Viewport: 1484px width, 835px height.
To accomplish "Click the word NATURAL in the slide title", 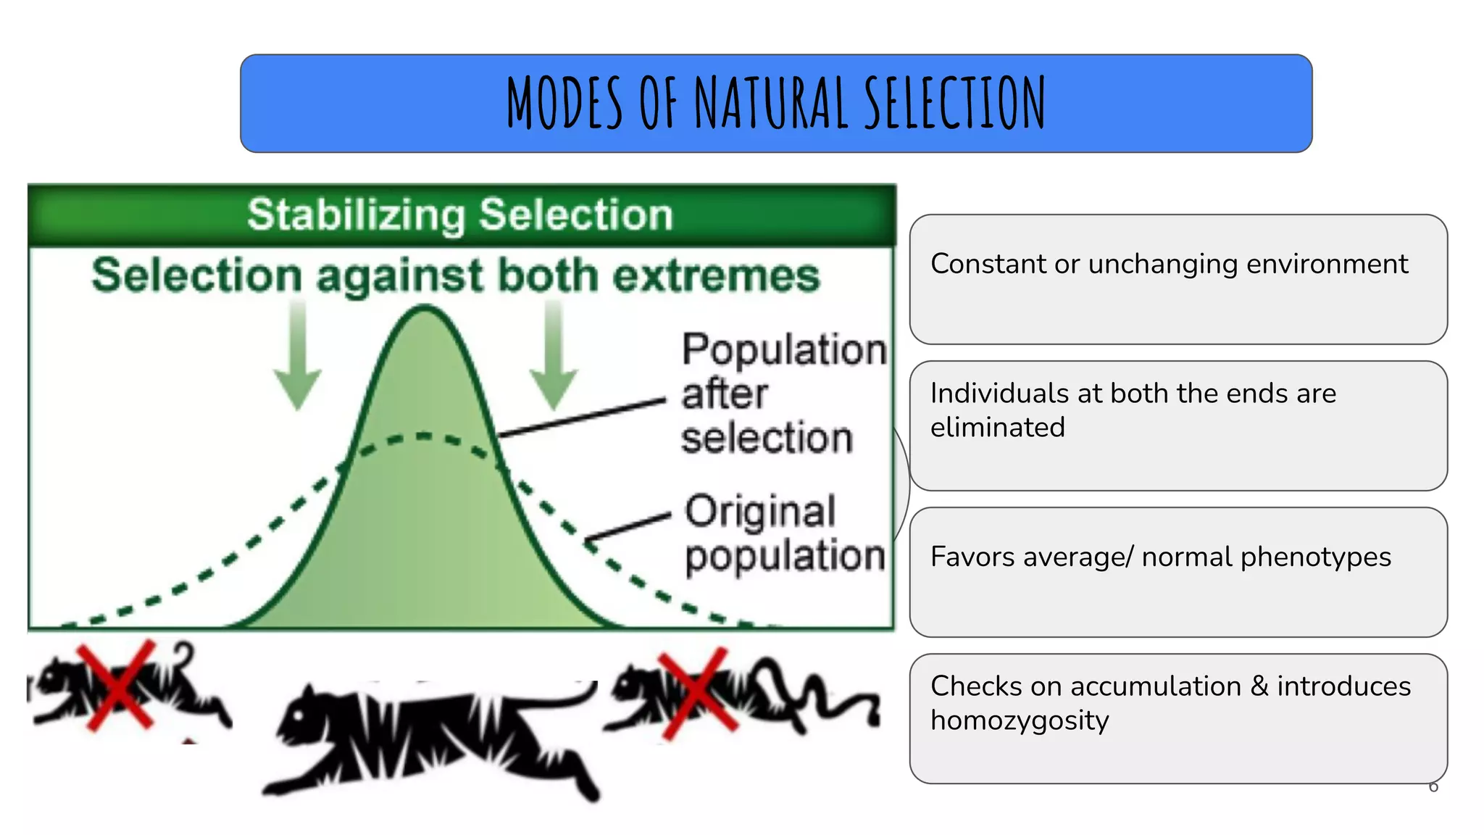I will click(x=771, y=103).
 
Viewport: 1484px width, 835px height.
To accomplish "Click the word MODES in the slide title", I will click(x=564, y=103).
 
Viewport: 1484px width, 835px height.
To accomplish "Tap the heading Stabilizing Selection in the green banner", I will click(x=460, y=215).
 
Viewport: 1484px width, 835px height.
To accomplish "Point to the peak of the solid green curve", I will click(x=425, y=310).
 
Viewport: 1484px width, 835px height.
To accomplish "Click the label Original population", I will click(x=783, y=534).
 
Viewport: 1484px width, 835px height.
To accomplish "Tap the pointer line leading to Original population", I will click(x=628, y=528).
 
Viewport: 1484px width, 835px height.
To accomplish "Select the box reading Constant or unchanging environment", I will click(x=1178, y=279).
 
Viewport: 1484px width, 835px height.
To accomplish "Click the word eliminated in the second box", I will click(x=998, y=428).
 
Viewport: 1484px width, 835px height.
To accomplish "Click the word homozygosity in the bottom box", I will click(x=1020, y=720).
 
